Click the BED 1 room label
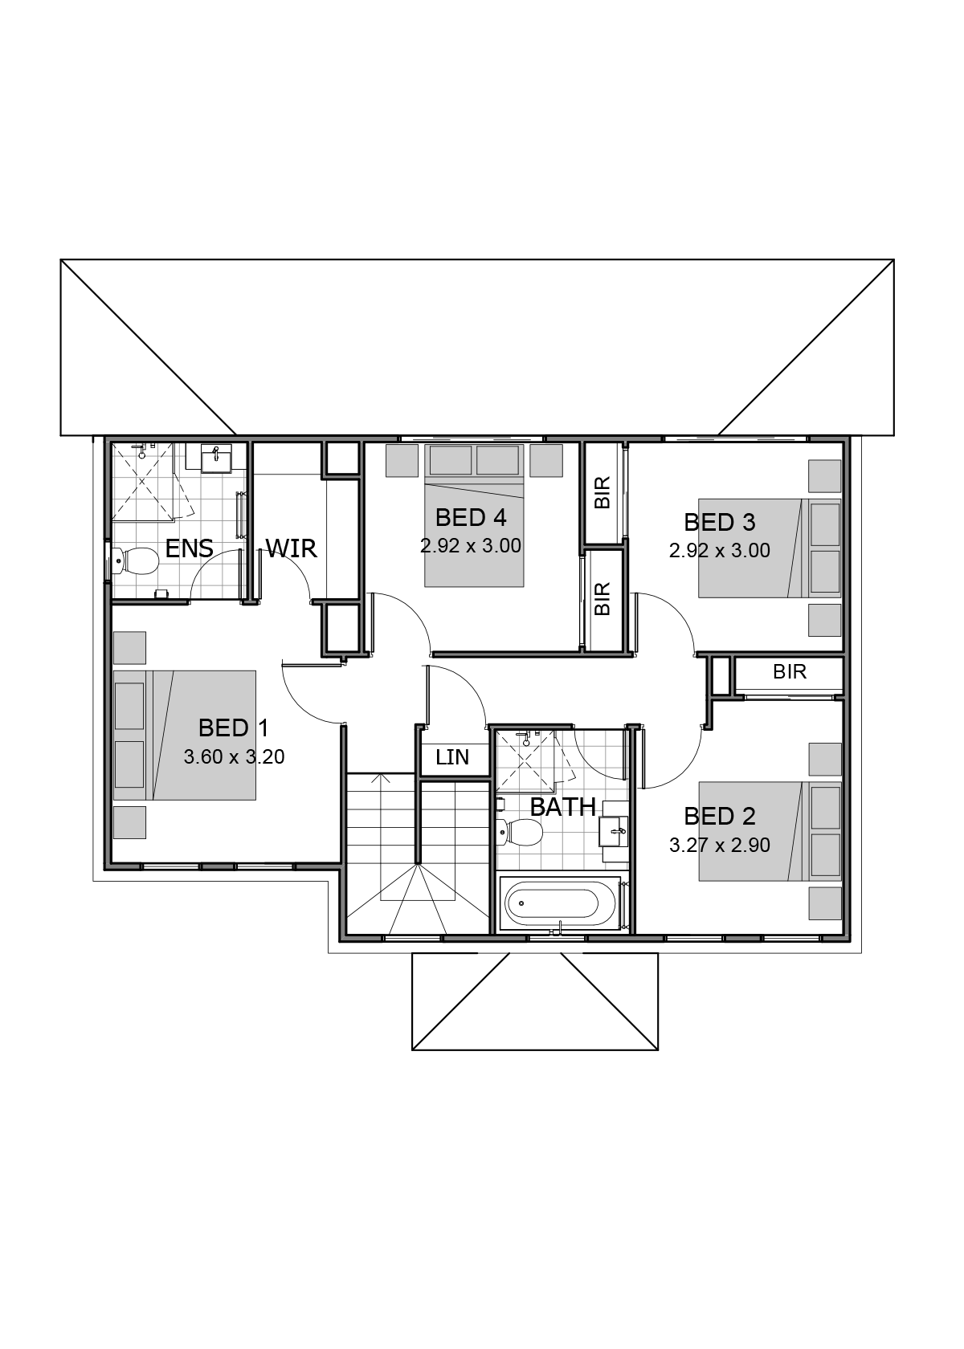click(x=233, y=728)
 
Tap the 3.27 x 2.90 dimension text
click(x=720, y=845)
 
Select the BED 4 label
click(x=471, y=517)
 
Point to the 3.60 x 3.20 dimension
click(x=234, y=756)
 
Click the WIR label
click(x=291, y=548)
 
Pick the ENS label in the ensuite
click(x=190, y=548)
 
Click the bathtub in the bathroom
click(x=560, y=903)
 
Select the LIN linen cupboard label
click(x=452, y=758)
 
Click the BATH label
click(x=562, y=807)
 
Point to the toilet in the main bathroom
click(x=519, y=832)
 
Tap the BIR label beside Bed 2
click(x=789, y=671)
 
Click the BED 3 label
click(x=720, y=522)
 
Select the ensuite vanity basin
click(x=215, y=459)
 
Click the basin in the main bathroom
click(x=614, y=832)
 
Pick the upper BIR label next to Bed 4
click(x=602, y=493)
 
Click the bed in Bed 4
click(x=474, y=516)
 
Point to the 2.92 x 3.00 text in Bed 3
click(x=720, y=551)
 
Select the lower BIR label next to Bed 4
click(x=602, y=599)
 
